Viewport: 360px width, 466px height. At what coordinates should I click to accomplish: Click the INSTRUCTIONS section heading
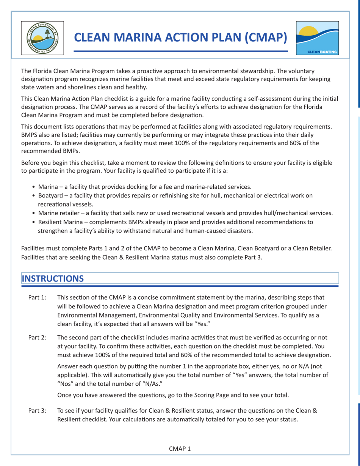[53, 278]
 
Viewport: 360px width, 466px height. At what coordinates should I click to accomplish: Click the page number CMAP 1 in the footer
[180, 449]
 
